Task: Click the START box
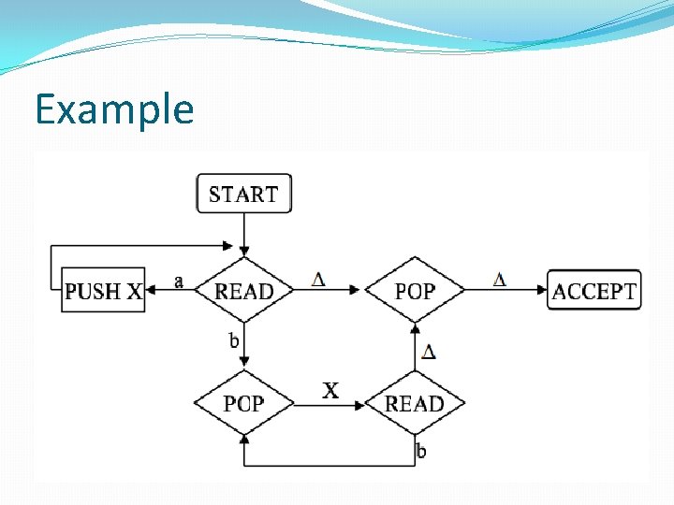coord(243,194)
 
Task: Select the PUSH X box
coord(103,291)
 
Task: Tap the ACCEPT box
coord(594,291)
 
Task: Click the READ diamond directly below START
coord(244,291)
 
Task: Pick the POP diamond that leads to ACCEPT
coord(414,291)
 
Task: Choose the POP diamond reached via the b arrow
coord(243,403)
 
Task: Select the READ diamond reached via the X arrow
coord(414,403)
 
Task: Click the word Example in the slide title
coord(114,110)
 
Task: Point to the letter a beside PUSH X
coord(179,280)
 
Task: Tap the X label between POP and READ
coord(330,390)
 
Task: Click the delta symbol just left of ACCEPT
coord(499,279)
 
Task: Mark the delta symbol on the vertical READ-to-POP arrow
coord(428,352)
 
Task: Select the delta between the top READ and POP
coord(318,279)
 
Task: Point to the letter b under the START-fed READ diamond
coord(234,339)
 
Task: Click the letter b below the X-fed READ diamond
coord(421,452)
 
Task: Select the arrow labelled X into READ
coord(328,403)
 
